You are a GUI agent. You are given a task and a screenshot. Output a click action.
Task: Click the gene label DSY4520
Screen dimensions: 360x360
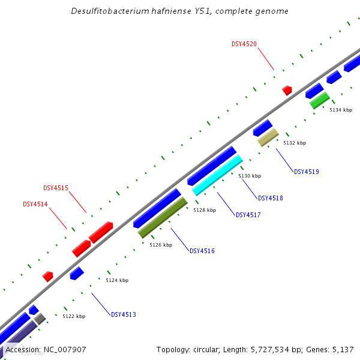244,44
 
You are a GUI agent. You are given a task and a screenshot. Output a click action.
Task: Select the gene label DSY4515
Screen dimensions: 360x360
56,188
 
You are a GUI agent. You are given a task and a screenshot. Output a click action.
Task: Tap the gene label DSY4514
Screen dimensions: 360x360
35,204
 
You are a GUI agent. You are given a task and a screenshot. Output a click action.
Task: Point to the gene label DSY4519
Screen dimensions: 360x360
306,172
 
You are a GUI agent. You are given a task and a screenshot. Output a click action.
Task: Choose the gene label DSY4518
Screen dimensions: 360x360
270,198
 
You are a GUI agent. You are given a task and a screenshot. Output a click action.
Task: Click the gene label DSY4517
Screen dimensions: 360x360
248,215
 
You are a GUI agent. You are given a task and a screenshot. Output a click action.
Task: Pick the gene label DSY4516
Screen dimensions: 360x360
202,251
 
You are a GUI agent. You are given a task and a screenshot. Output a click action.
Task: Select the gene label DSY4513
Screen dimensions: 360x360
123,314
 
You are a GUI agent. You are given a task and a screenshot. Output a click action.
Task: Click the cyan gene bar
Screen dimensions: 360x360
217,175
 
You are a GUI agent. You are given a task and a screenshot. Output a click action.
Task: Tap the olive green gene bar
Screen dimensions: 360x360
163,217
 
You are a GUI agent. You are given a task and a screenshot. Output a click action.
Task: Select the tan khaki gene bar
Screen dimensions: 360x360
268,137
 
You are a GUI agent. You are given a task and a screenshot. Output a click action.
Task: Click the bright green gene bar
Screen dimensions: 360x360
319,100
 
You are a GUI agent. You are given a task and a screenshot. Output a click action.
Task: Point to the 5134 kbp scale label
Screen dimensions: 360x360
341,110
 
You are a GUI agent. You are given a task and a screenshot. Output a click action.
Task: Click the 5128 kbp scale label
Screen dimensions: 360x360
205,211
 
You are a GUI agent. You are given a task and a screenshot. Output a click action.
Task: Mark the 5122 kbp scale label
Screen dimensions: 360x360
74,316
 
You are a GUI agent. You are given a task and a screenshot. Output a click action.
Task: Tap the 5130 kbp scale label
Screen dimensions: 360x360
250,176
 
